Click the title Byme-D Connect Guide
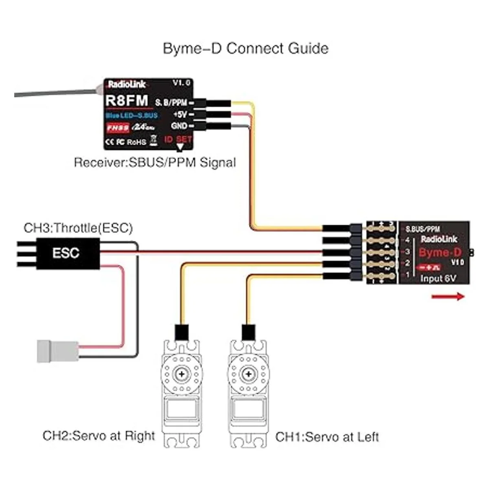[x=245, y=48]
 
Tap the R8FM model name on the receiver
[x=127, y=100]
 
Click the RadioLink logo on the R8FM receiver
[x=126, y=85]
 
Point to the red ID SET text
[x=178, y=139]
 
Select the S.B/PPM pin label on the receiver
[x=171, y=102]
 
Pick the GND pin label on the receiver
[x=179, y=126]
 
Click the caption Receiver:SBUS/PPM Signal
[x=155, y=163]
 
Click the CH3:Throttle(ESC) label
[x=78, y=228]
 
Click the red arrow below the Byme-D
[x=448, y=296]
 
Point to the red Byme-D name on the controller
[x=434, y=253]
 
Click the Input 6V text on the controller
[x=438, y=279]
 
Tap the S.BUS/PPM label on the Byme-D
[x=423, y=229]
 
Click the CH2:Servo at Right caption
[x=99, y=436]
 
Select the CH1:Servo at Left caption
[x=327, y=437]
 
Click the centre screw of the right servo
[x=247, y=374]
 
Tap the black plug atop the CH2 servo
[x=181, y=332]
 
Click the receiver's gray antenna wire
[x=53, y=93]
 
